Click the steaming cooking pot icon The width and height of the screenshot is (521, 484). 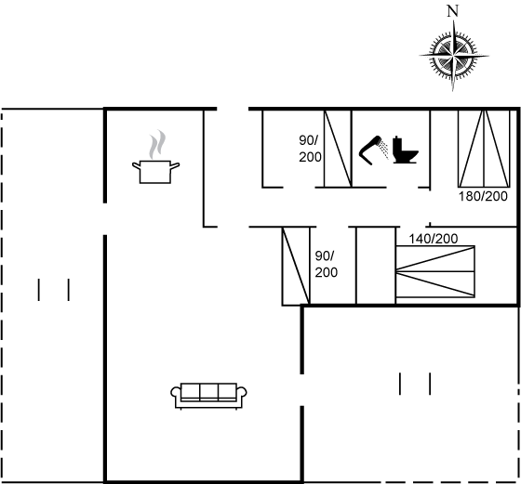(x=155, y=157)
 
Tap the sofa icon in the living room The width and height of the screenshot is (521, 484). (x=208, y=396)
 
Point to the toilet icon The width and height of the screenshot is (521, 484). (x=405, y=150)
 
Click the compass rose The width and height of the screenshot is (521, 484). (x=454, y=56)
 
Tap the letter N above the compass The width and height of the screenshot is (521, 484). (x=452, y=11)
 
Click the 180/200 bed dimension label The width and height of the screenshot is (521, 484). (x=483, y=196)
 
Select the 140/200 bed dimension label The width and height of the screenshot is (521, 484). (x=434, y=239)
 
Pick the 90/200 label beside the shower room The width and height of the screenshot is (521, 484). (x=310, y=149)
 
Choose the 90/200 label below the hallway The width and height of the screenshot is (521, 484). (x=326, y=264)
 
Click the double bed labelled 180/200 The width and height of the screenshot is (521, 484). (x=484, y=149)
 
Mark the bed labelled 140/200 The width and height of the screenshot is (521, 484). (x=435, y=271)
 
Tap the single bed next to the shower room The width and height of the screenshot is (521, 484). (x=338, y=149)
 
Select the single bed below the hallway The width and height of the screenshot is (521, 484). (x=296, y=266)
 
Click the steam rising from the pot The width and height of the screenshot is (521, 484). (x=157, y=144)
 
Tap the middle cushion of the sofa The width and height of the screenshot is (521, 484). (x=209, y=391)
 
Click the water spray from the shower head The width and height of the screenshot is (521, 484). (x=384, y=150)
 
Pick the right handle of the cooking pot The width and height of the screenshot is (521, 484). (x=175, y=165)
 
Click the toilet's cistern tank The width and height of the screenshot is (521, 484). (x=397, y=144)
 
